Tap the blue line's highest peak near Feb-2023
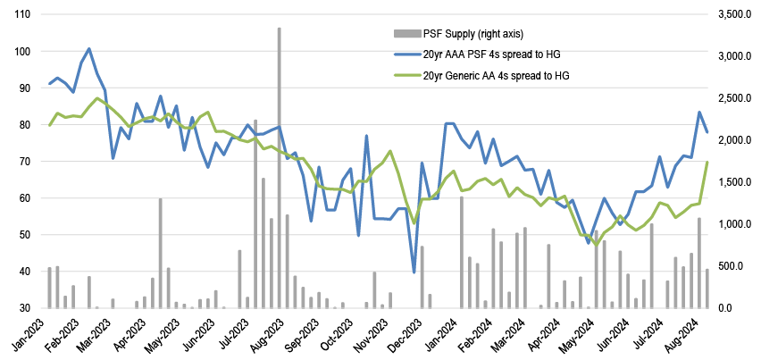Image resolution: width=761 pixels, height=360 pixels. [89, 48]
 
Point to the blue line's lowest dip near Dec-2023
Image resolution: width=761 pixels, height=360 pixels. [414, 272]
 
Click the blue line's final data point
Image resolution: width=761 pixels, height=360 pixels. [707, 132]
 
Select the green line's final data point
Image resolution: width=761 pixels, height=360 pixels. [707, 162]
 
